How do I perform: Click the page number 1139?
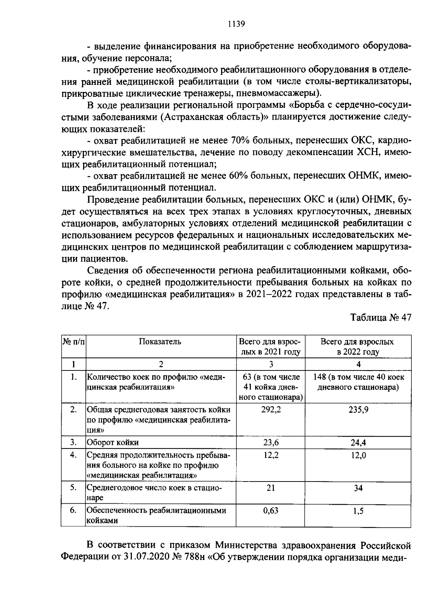pyautogui.click(x=236, y=24)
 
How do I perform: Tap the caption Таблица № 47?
pyautogui.click(x=381, y=318)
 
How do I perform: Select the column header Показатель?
pyautogui.click(x=160, y=341)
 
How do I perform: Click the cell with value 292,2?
pyautogui.click(x=271, y=410)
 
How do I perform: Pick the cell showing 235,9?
pyautogui.click(x=358, y=410)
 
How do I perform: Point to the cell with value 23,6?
pyautogui.click(x=271, y=442)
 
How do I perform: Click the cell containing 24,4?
pyautogui.click(x=358, y=442)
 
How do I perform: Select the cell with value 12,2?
pyautogui.click(x=271, y=455)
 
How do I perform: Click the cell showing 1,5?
pyautogui.click(x=358, y=511)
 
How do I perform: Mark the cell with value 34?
pyautogui.click(x=358, y=488)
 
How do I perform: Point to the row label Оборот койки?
pyautogui.click(x=113, y=442)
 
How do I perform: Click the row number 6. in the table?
pyautogui.click(x=73, y=511)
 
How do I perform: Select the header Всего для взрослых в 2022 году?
pyautogui.click(x=357, y=346)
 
